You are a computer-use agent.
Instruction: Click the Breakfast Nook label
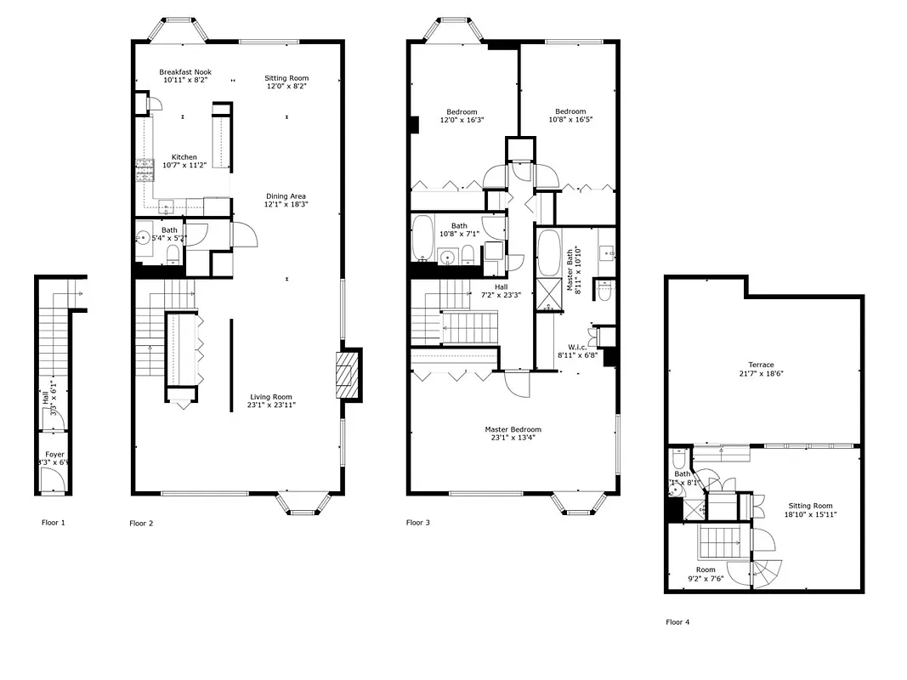[x=185, y=72]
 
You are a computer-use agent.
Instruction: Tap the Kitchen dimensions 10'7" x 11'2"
[x=184, y=166]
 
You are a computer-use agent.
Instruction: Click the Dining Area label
[x=286, y=196]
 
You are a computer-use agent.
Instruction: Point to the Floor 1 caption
[x=53, y=522]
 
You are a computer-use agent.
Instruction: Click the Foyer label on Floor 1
[x=54, y=456]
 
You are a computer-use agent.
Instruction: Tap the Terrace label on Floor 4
[x=761, y=365]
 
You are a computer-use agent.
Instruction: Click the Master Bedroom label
[x=513, y=429]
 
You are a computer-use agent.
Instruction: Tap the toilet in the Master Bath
[x=605, y=292]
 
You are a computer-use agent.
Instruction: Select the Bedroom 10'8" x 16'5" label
[x=570, y=111]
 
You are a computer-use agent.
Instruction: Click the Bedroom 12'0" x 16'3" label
[x=462, y=111]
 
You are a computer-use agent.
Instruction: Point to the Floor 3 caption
[x=417, y=522]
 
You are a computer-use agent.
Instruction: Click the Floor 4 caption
[x=677, y=621]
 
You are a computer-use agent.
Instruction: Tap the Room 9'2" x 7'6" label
[x=706, y=569]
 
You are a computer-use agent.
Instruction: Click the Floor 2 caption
[x=141, y=523]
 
